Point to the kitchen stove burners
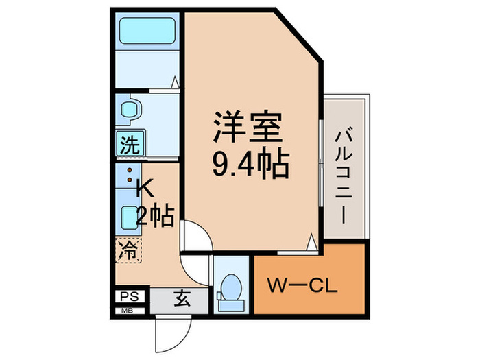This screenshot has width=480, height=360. pyautogui.click(x=128, y=175)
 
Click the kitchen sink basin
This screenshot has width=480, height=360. pyautogui.click(x=129, y=219)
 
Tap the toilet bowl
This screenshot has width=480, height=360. pyautogui.click(x=232, y=287)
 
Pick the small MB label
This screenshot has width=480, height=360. pyautogui.click(x=128, y=311)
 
